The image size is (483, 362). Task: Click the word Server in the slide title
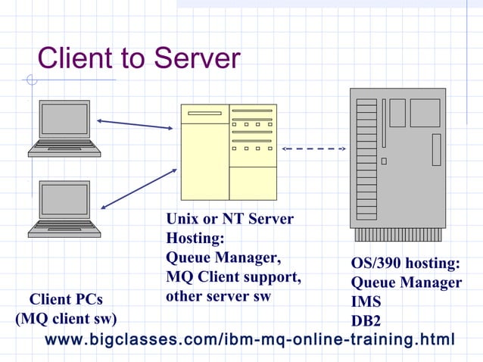[195, 58]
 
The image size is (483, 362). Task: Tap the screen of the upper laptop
[64, 120]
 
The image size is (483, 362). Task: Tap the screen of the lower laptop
[64, 199]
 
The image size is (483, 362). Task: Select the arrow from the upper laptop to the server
[135, 124]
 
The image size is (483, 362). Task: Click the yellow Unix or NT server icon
[229, 151]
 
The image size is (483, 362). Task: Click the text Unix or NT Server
[229, 220]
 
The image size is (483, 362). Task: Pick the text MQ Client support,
[233, 277]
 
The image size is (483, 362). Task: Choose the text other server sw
[218, 296]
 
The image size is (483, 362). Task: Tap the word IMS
[366, 301]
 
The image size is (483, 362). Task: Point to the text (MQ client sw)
[66, 318]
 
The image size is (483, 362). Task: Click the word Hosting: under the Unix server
[195, 239]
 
